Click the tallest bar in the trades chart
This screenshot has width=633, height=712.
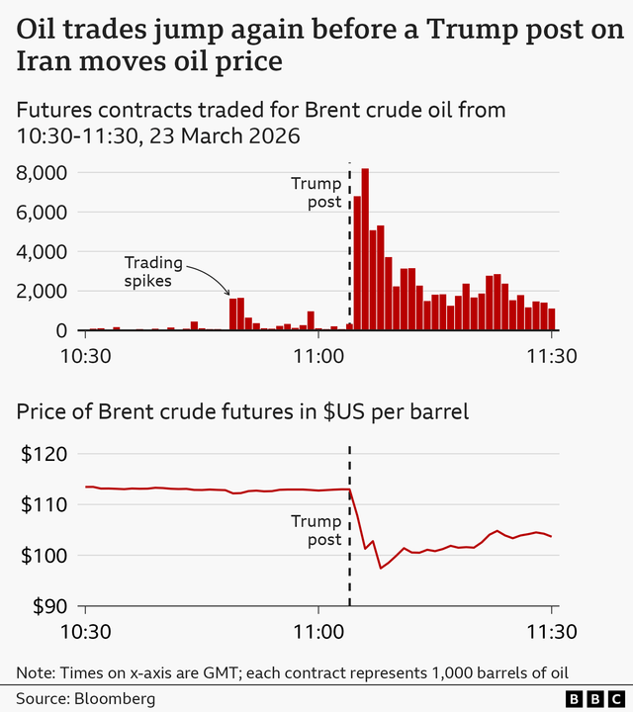(x=365, y=249)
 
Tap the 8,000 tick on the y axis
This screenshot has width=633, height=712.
(x=42, y=173)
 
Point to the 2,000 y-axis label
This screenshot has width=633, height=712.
(x=42, y=292)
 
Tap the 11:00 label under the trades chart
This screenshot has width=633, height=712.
(x=318, y=354)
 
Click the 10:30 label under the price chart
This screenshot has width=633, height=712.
(x=85, y=631)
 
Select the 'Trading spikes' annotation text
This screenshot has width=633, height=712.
(x=153, y=271)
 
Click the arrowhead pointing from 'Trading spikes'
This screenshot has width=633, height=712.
(x=229, y=293)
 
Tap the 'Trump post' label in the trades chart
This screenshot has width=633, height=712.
(x=316, y=193)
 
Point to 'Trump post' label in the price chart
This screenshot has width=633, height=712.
(x=316, y=530)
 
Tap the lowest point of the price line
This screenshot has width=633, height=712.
(x=381, y=569)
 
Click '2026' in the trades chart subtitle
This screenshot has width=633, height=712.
(x=271, y=134)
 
